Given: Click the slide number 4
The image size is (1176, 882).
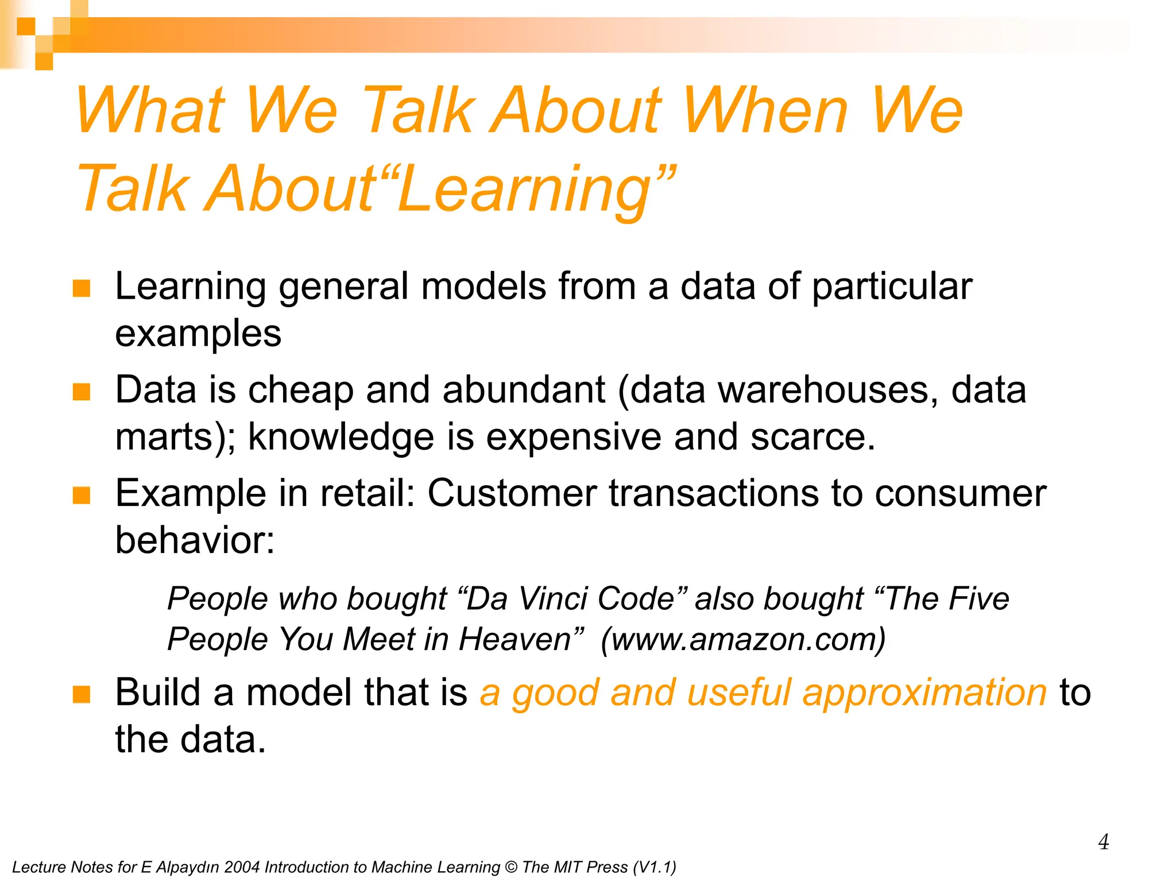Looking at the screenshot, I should coord(1103,842).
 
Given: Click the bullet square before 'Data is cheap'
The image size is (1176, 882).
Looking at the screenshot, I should coord(82,392).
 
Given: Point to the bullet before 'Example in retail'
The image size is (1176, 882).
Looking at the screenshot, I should coord(82,495).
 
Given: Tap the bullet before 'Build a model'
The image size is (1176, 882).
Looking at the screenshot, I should coord(82,694).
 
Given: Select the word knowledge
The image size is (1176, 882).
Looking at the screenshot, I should coord(341,437).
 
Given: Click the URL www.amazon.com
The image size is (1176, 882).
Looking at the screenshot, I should coord(743,640).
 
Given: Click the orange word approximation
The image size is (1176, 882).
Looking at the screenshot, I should coord(924,693).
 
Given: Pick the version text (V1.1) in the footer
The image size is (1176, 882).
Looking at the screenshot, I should coord(654,867).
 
